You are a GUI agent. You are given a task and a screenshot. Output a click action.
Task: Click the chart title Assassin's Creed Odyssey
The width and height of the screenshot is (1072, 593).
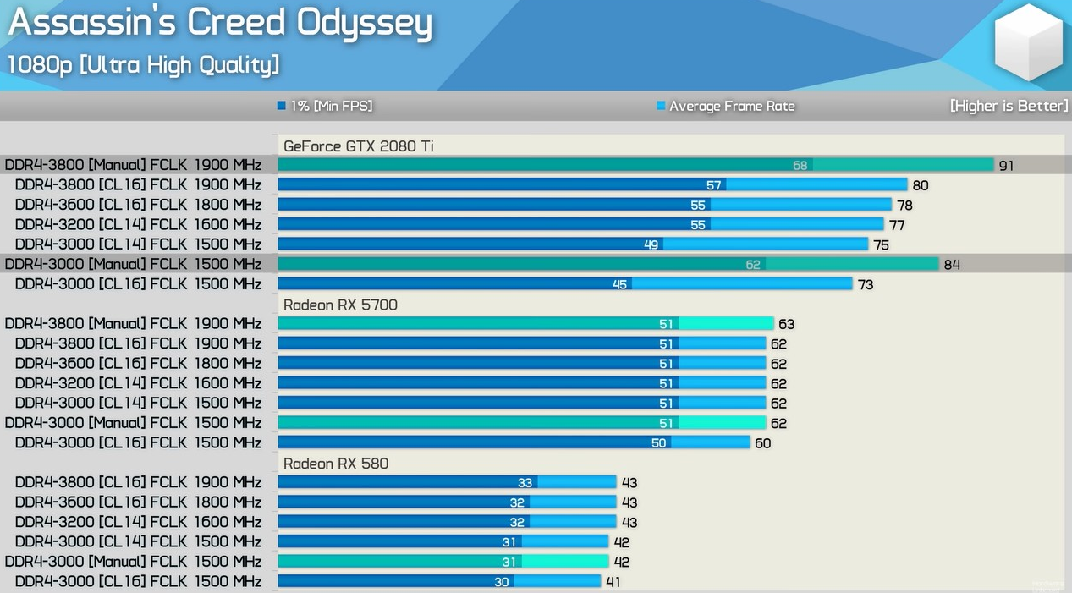pyautogui.click(x=220, y=24)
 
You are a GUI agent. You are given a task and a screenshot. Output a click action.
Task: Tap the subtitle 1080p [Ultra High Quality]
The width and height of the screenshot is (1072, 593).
pyautogui.click(x=143, y=64)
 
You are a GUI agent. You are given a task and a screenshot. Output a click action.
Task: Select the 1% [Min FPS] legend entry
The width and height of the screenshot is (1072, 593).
pyautogui.click(x=325, y=106)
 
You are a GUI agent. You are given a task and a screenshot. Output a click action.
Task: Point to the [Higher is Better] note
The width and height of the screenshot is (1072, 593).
pyautogui.click(x=1009, y=106)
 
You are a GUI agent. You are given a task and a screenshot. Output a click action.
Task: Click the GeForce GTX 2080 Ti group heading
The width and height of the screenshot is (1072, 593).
pyautogui.click(x=359, y=146)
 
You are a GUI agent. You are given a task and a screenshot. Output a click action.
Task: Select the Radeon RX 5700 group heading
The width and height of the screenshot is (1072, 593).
pyautogui.click(x=340, y=305)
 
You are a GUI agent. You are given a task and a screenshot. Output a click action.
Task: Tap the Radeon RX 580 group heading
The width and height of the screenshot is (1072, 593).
pyautogui.click(x=336, y=464)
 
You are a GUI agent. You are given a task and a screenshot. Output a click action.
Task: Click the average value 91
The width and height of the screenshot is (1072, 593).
pyautogui.click(x=1006, y=166)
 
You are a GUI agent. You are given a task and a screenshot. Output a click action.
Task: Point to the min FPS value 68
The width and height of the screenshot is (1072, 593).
pyautogui.click(x=800, y=165)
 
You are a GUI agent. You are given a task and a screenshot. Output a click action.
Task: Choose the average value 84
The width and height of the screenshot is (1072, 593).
pyautogui.click(x=952, y=265)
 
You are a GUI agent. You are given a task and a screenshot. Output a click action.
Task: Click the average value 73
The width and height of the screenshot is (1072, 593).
pyautogui.click(x=866, y=284)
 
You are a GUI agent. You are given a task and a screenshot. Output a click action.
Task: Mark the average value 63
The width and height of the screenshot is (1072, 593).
pyautogui.click(x=787, y=324)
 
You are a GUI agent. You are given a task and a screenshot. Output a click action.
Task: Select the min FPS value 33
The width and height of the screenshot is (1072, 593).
pyautogui.click(x=525, y=482)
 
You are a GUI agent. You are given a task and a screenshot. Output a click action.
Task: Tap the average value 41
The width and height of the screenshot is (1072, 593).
pyautogui.click(x=613, y=582)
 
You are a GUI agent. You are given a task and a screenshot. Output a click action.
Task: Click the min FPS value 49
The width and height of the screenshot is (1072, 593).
pyautogui.click(x=651, y=244)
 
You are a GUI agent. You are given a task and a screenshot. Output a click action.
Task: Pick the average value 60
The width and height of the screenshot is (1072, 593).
pyautogui.click(x=762, y=443)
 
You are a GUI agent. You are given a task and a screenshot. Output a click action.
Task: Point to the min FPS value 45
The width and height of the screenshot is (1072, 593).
pyautogui.click(x=620, y=284)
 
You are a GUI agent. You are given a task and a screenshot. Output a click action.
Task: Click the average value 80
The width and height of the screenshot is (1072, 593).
pyautogui.click(x=921, y=185)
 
